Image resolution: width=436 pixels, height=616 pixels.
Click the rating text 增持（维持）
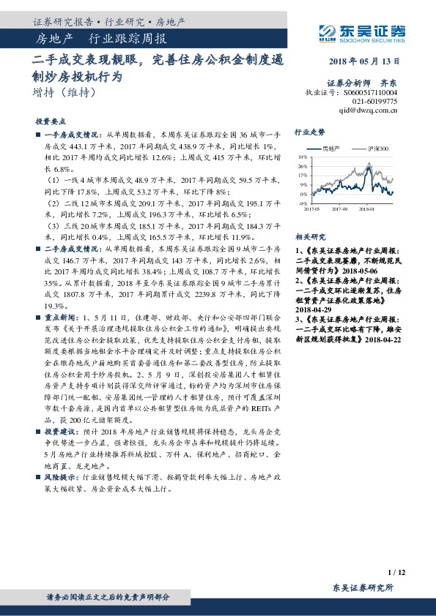pyautogui.click(x=64, y=93)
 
